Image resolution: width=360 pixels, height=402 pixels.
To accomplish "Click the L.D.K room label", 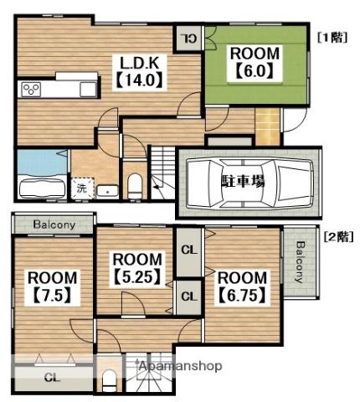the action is [140, 72].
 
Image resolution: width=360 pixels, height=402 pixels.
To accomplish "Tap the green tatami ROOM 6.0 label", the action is [255, 63].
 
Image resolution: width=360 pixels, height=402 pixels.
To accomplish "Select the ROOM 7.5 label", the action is [53, 287].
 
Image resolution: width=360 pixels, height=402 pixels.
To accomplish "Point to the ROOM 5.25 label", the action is [137, 268].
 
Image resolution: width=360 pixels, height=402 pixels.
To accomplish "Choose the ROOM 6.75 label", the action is [242, 287].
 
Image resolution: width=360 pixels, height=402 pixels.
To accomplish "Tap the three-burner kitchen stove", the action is [30, 89].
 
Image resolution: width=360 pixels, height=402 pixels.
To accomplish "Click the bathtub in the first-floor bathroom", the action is [43, 188].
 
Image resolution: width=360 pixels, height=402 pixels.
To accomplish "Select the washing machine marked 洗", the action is [83, 188].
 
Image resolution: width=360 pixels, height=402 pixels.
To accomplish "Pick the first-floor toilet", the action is [136, 185].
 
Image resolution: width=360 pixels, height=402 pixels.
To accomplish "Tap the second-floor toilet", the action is [110, 380].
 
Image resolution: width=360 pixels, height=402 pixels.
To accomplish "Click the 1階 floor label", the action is [332, 38].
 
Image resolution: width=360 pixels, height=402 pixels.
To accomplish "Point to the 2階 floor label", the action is [338, 237].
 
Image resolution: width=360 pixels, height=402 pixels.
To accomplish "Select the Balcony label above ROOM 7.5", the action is [54, 224].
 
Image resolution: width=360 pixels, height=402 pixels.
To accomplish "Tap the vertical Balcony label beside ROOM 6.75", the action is [300, 262].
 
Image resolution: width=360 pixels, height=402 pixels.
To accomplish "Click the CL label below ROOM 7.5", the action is [53, 379].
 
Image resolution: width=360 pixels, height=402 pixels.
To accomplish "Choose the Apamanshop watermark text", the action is [181, 366].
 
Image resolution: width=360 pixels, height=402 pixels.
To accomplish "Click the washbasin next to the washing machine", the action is [108, 191].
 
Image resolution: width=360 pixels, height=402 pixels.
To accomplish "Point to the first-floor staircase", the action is [163, 173].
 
